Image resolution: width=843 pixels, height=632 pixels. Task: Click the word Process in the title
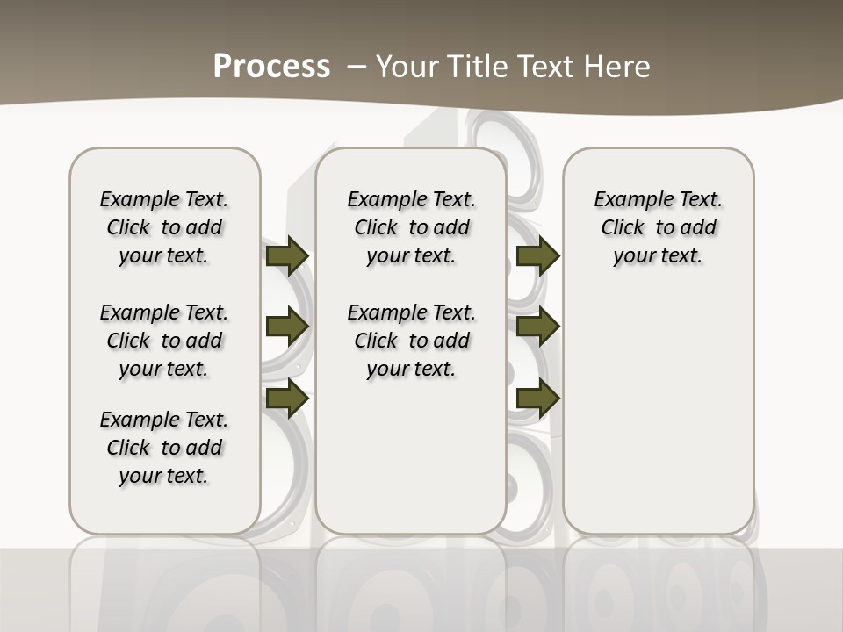tap(271, 66)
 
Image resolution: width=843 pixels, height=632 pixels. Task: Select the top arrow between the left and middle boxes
tap(287, 255)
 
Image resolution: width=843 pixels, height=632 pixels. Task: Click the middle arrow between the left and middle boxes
tap(287, 327)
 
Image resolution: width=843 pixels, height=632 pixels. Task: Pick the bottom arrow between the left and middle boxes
tap(287, 398)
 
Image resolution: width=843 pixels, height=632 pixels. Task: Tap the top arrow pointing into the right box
tap(537, 255)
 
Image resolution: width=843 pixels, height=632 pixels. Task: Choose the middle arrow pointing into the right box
tap(537, 327)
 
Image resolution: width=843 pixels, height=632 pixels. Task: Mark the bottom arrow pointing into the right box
tap(537, 398)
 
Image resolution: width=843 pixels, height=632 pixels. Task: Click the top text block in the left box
tap(164, 227)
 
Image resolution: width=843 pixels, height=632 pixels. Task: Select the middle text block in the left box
tap(164, 341)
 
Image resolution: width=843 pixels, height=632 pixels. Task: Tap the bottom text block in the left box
tap(164, 448)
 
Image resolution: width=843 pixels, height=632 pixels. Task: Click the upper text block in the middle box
tap(411, 227)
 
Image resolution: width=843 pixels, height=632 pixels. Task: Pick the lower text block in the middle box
tap(411, 341)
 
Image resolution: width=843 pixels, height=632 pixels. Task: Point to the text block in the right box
tap(658, 227)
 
